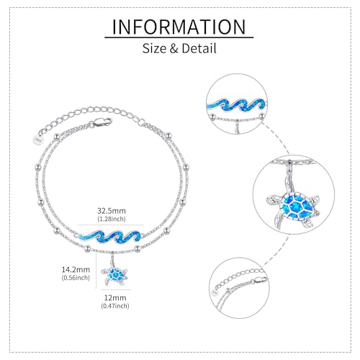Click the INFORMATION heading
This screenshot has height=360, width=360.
point(179,27)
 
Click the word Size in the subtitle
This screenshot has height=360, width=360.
point(154,48)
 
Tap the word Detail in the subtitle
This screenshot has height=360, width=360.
point(199,48)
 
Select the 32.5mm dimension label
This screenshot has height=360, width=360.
point(112,211)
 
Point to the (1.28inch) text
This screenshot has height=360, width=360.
point(112,219)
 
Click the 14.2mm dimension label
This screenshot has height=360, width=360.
point(76,269)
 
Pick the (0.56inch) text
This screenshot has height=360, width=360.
point(76,278)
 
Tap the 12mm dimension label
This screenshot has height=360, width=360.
point(115,297)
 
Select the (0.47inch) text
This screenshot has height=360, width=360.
point(115,306)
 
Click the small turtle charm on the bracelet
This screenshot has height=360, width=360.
point(114,275)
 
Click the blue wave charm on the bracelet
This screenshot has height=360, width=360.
point(110,236)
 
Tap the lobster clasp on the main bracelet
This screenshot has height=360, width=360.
point(103,122)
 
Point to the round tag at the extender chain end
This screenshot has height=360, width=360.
point(37,140)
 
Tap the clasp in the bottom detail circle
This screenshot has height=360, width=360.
point(260,280)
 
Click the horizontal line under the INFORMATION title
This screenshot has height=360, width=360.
point(179,37)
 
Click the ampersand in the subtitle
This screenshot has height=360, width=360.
point(174,48)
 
